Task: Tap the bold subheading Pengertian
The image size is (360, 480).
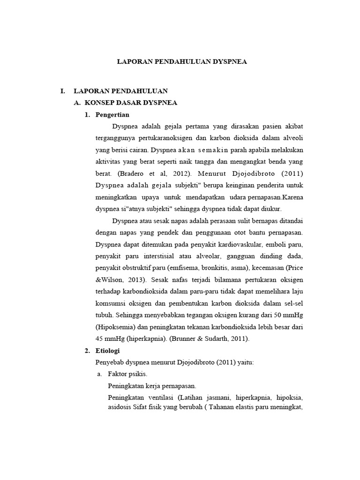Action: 112,114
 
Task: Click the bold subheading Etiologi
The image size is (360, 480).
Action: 108,350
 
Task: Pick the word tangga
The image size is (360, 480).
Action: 194,161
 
